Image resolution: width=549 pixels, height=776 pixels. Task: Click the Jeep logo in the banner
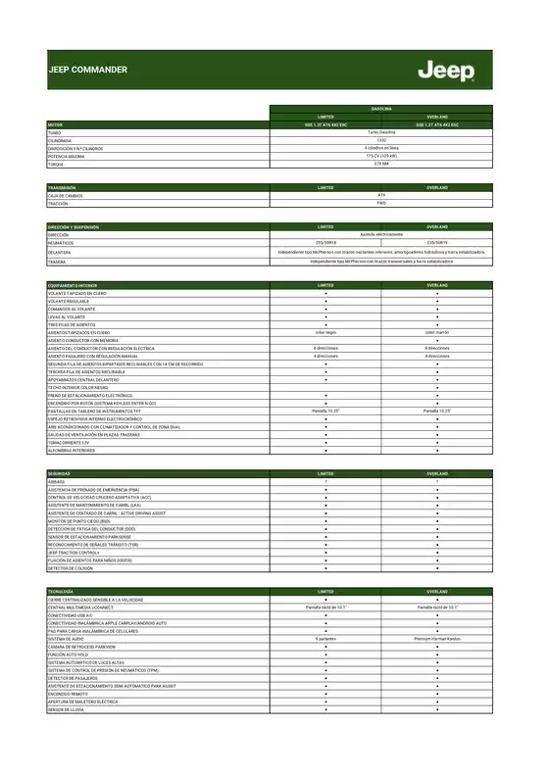(445, 71)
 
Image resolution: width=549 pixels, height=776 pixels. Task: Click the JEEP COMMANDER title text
(87, 71)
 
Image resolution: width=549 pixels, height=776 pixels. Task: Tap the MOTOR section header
(55, 124)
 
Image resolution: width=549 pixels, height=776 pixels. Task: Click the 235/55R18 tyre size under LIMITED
(325, 243)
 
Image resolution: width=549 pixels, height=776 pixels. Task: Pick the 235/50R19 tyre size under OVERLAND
(437, 243)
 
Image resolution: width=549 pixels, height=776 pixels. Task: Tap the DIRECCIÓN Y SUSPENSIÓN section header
(73, 226)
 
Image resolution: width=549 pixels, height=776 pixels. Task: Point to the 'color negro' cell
(325, 332)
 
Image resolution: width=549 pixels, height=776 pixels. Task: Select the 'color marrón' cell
(437, 332)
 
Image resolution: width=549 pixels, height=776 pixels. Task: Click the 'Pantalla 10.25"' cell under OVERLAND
(437, 411)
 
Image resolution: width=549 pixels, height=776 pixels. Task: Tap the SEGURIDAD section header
(60, 473)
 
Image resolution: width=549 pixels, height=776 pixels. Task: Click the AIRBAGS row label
(56, 481)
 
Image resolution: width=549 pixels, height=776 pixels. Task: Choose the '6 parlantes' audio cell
(325, 638)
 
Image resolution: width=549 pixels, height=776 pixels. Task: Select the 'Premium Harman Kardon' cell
(437, 638)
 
